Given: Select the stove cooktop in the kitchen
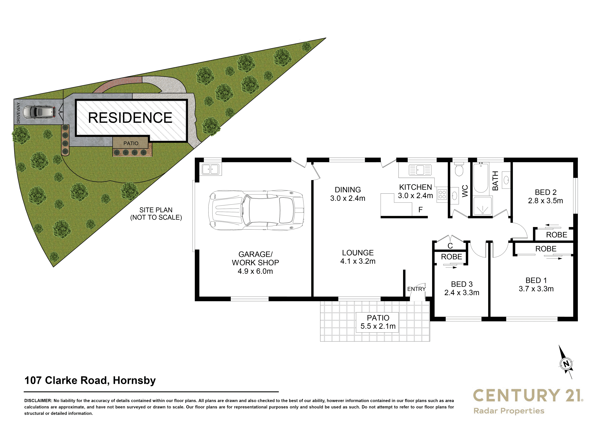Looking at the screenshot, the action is click(442, 195).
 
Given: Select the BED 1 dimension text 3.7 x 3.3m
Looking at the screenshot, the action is click(536, 289).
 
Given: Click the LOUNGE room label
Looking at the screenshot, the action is click(358, 253).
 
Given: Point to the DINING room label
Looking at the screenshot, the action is click(348, 189).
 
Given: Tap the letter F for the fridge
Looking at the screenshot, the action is click(420, 210).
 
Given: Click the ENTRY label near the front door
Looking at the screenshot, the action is click(416, 289).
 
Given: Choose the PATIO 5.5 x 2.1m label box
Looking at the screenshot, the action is click(378, 322).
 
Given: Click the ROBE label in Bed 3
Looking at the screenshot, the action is click(452, 257).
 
